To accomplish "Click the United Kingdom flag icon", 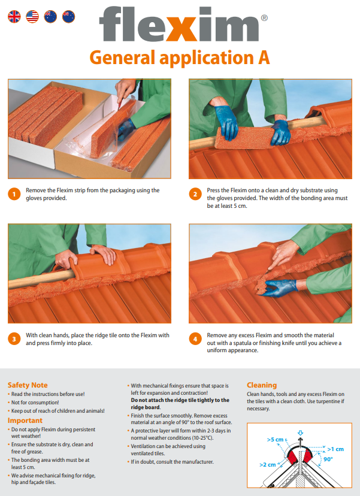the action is [14, 16].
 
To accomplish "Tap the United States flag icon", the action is [32, 16].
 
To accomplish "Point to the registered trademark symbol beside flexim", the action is [264, 18].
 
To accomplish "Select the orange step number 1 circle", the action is [14, 194].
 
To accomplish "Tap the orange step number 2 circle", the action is [195, 194].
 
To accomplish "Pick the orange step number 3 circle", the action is [14, 339].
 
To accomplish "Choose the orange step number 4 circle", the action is [195, 339].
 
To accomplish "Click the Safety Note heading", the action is [28, 385].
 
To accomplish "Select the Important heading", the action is [25, 421].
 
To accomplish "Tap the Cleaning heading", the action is [262, 385].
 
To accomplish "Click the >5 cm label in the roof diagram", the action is [275, 440].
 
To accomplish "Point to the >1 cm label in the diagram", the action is [335, 449].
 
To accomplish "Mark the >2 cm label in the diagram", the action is [268, 465].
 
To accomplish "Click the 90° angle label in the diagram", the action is [328, 459].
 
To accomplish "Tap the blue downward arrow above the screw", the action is [301, 433].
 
